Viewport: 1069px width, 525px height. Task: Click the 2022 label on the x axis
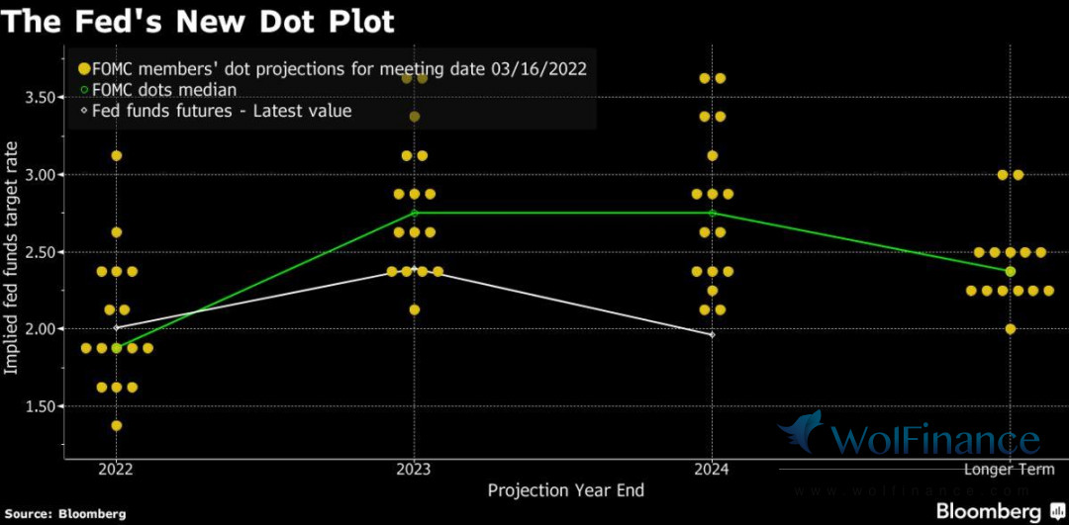[116, 470]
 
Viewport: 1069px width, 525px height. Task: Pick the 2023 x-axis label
[414, 470]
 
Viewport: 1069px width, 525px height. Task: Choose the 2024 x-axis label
[712, 470]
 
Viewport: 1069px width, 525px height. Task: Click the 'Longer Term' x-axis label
[1010, 470]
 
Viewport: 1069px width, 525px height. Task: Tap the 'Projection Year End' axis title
[565, 490]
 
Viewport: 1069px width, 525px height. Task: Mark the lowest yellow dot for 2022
[117, 425]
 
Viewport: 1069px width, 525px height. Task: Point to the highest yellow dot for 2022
[117, 155]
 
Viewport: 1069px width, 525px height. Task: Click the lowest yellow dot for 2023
[415, 309]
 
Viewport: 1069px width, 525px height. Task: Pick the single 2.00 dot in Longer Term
[1011, 329]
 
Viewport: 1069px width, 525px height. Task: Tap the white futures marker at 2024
[713, 335]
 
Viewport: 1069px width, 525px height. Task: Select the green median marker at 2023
[415, 213]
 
